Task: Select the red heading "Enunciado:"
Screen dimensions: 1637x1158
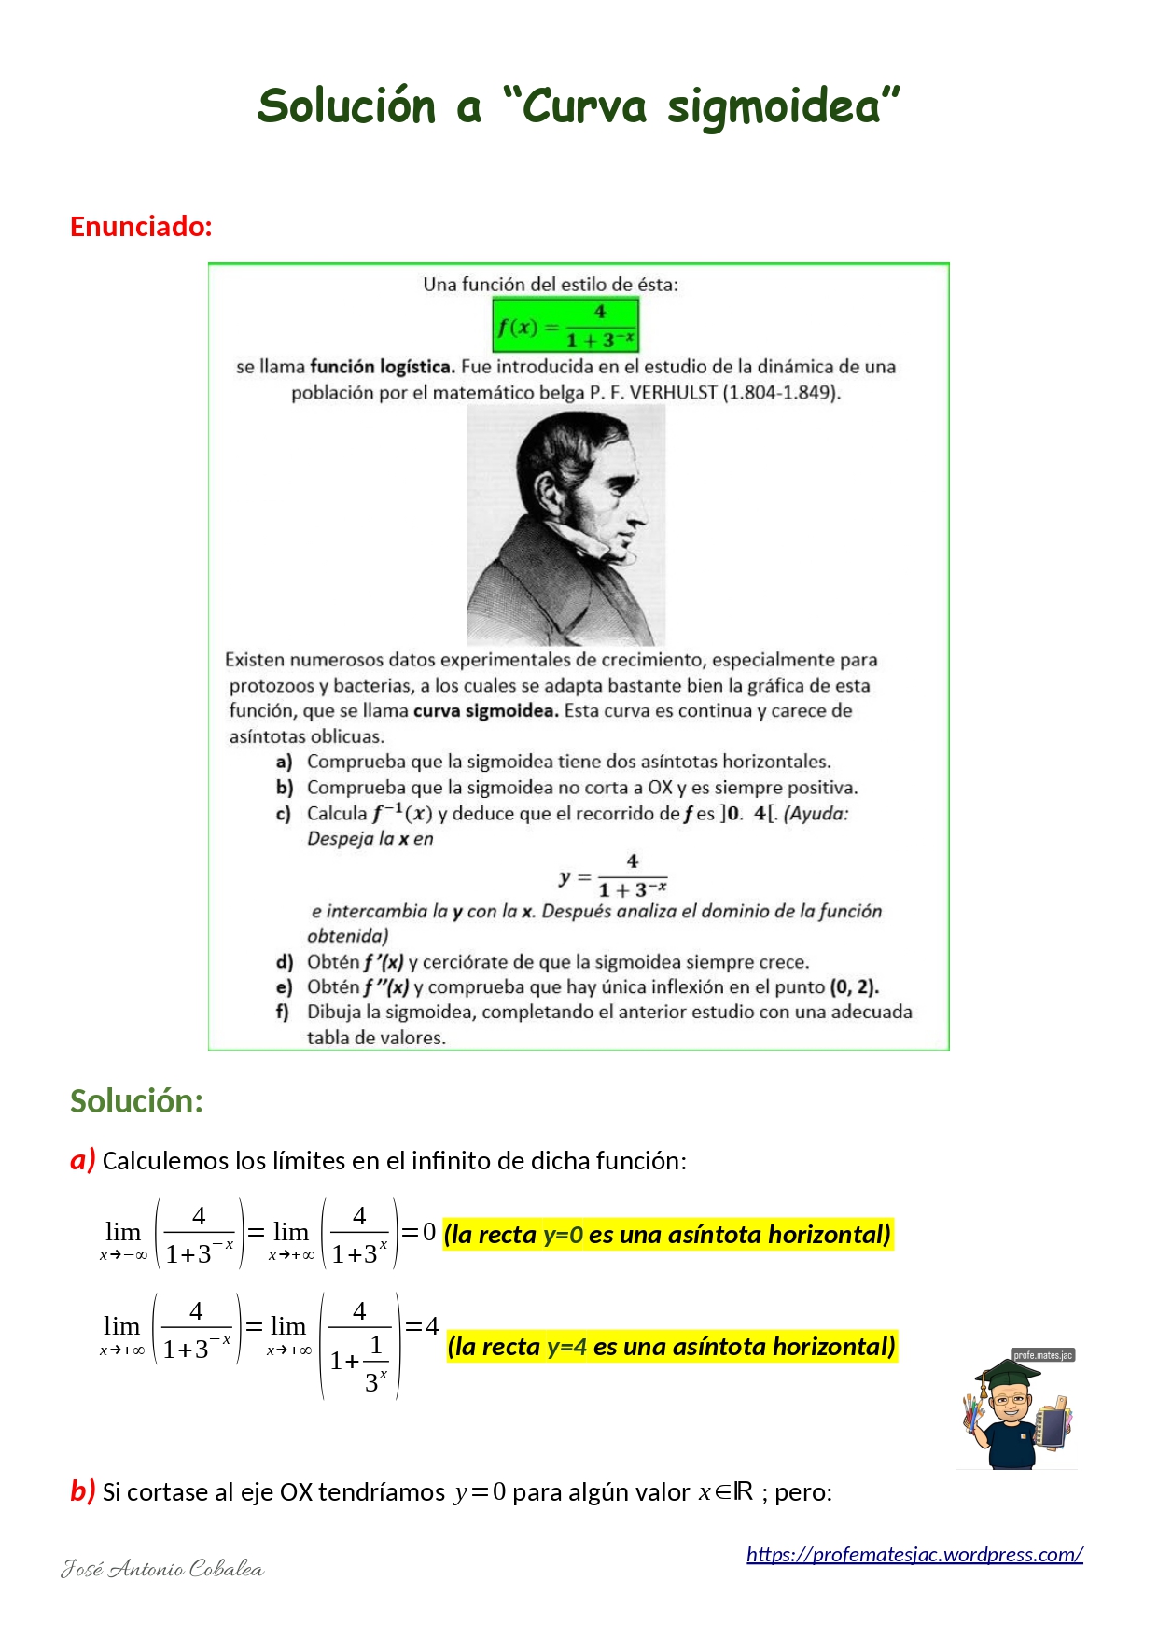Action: tap(141, 227)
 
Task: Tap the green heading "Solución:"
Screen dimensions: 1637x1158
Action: tap(136, 1101)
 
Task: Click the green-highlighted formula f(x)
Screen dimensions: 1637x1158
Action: tap(565, 326)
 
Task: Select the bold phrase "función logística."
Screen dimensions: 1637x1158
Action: tap(383, 367)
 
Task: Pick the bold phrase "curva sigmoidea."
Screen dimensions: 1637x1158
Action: tap(485, 711)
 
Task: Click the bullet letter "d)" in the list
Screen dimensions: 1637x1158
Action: tap(284, 962)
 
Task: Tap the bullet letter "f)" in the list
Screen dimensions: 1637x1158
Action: tap(282, 1013)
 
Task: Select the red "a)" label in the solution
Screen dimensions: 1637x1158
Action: tap(82, 1160)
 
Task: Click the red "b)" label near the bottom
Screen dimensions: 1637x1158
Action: tap(82, 1491)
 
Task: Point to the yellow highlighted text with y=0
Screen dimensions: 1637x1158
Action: tap(667, 1235)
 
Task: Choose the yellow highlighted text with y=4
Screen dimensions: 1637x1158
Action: tap(671, 1347)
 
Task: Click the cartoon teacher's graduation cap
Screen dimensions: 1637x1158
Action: tap(1007, 1374)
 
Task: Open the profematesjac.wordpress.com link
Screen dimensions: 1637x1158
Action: tap(914, 1554)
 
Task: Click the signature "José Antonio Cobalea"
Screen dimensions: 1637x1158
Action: tap(162, 1569)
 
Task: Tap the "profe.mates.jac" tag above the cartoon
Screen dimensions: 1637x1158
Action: tap(1042, 1355)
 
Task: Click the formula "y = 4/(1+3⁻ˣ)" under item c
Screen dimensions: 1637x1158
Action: tap(613, 876)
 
